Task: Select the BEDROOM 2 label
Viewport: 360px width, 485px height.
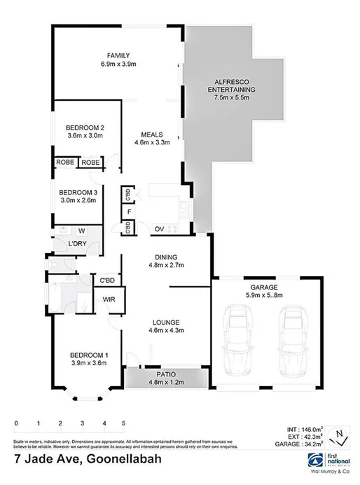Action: [x=85, y=128]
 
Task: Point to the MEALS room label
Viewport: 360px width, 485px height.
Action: [x=152, y=135]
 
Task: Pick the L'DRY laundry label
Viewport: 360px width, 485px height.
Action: [x=76, y=243]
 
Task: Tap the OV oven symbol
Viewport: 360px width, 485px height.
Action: [x=158, y=228]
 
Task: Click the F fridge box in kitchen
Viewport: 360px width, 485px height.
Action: [x=129, y=210]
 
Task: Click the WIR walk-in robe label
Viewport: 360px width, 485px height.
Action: [x=109, y=300]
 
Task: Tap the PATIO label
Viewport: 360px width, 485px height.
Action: [x=166, y=375]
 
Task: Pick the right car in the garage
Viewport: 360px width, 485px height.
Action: [x=291, y=344]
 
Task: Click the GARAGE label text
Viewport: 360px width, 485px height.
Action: [x=264, y=287]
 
